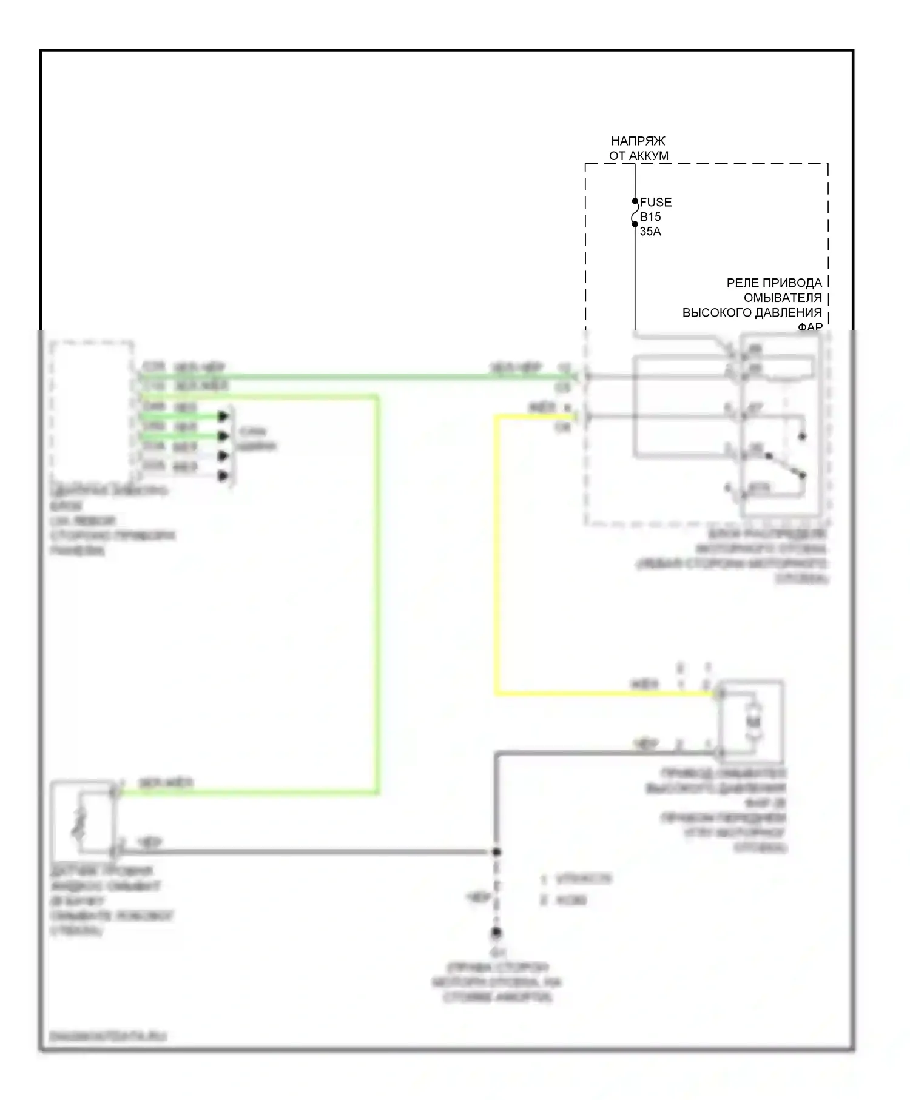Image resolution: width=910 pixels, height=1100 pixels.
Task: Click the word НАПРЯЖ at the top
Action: coord(638,141)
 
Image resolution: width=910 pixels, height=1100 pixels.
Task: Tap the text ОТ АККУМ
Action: coord(639,156)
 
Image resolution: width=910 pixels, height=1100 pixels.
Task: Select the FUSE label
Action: coord(656,202)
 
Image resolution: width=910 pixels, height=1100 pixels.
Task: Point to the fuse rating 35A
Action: coord(650,231)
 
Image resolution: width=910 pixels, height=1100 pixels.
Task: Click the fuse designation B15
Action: coord(650,216)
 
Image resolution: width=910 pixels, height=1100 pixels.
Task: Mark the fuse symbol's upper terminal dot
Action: coord(635,201)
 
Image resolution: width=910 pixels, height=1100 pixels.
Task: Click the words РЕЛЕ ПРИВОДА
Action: coord(774,283)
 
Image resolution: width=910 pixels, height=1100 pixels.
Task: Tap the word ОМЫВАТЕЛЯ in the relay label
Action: coord(783,298)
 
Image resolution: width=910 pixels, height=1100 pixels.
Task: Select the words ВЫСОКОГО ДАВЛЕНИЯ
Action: coord(752,313)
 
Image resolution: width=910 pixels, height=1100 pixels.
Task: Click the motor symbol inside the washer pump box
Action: coord(753,722)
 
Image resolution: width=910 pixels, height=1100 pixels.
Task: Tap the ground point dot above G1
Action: coord(496,932)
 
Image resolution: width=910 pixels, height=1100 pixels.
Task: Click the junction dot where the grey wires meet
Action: coord(496,852)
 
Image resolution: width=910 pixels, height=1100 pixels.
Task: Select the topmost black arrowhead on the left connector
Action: coord(223,416)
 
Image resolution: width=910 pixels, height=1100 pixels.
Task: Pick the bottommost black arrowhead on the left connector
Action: coord(223,476)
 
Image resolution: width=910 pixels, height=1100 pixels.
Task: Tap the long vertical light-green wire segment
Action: coord(377,594)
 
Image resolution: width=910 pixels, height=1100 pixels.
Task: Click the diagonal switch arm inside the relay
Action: coord(786,465)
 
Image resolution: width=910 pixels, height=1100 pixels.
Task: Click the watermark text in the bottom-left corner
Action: coord(108,1036)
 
